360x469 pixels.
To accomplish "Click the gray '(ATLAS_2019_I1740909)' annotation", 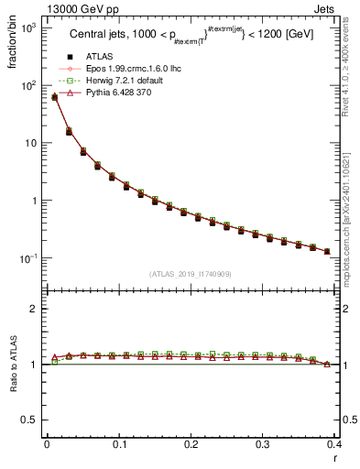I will [191, 274].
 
